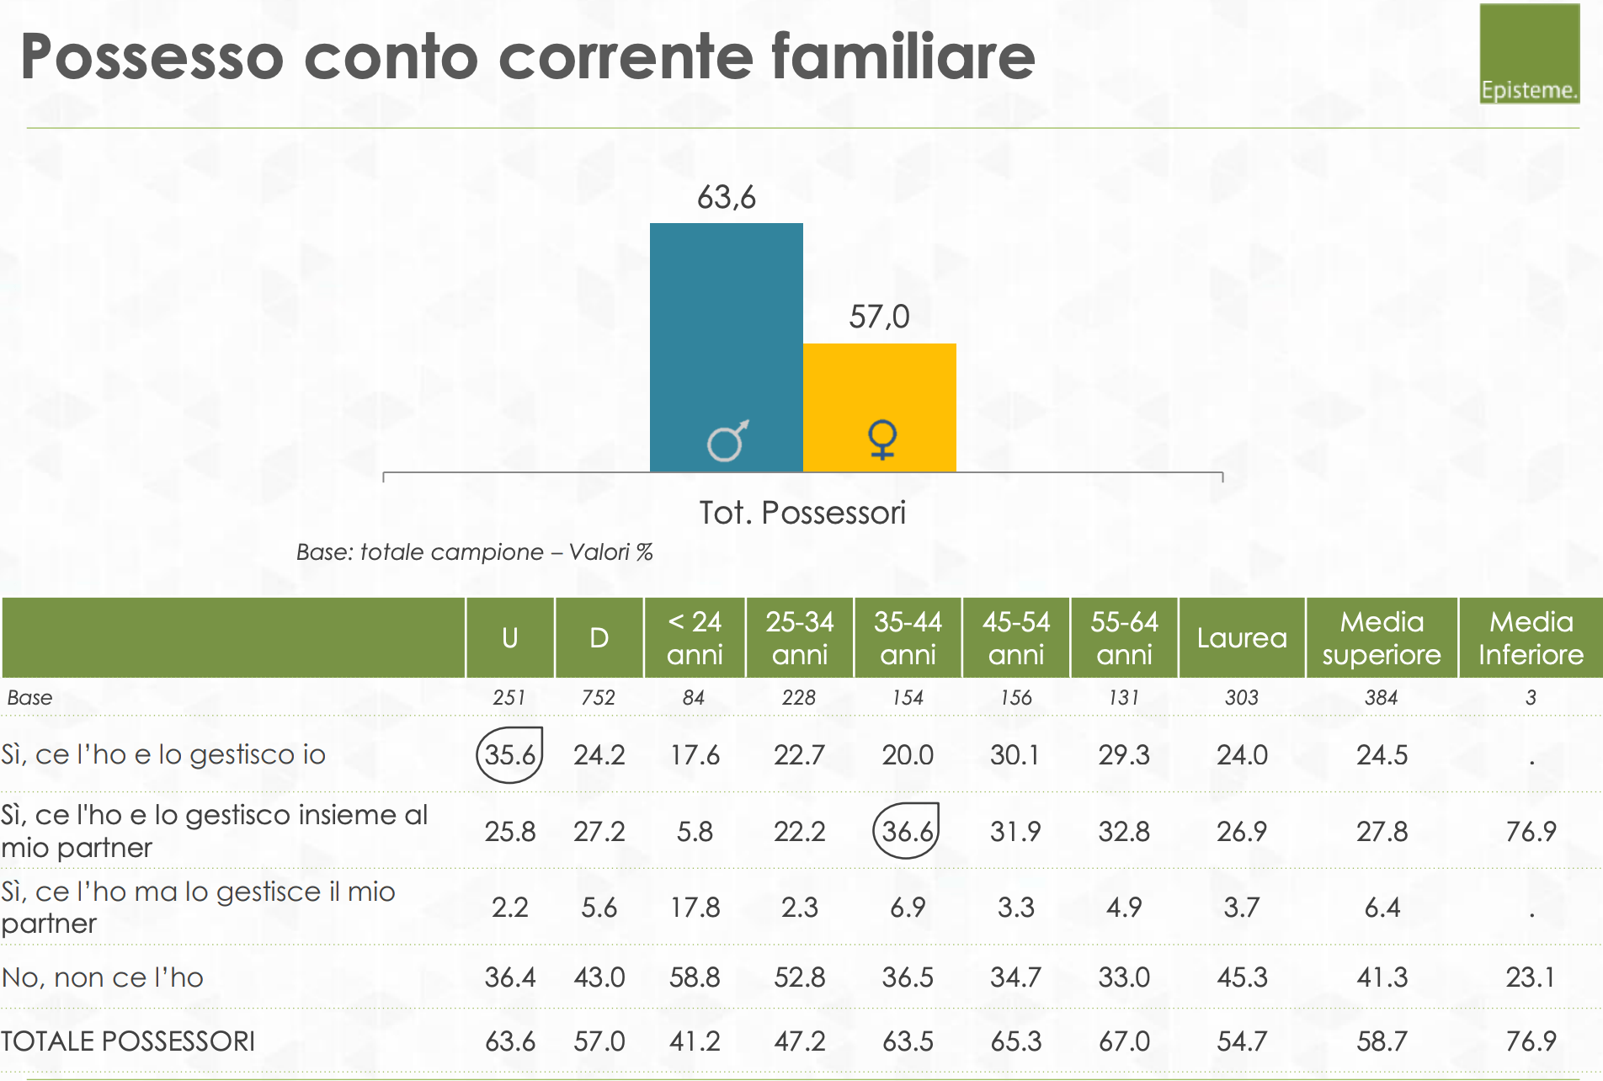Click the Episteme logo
[x=1529, y=54]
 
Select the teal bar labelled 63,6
[x=726, y=337]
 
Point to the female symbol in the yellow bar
[x=881, y=439]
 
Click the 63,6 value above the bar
[x=726, y=198]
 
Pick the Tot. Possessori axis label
[x=802, y=513]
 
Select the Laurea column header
[x=1242, y=638]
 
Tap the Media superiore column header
[x=1381, y=638]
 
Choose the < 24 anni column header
[x=695, y=638]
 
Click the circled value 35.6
[x=509, y=755]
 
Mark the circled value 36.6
[x=907, y=832]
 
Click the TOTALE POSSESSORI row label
[x=128, y=1041]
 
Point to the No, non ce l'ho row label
[x=103, y=977]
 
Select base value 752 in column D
[x=598, y=698]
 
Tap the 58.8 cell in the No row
[x=695, y=977]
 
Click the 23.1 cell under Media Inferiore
[x=1530, y=977]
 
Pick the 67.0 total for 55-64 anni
[x=1123, y=1041]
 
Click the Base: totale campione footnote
[x=474, y=552]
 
